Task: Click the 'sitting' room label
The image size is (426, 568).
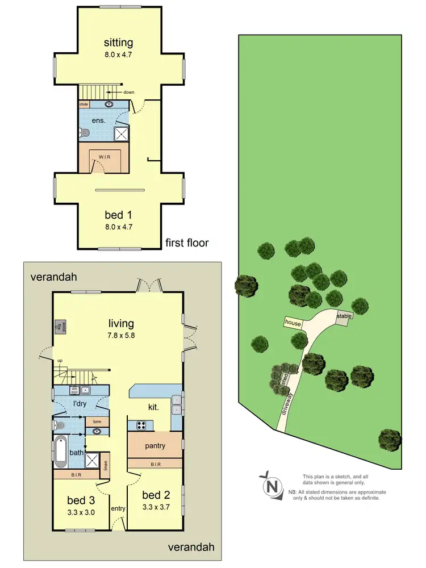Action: click(x=118, y=43)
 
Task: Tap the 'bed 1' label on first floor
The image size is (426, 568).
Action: click(x=118, y=215)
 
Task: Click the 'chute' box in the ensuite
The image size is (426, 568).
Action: click(x=83, y=105)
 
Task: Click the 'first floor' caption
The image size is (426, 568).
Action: click(x=187, y=243)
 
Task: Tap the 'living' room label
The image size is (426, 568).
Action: click(x=122, y=324)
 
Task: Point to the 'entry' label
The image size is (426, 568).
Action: click(x=118, y=508)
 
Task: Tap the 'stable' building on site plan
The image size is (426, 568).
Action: click(x=344, y=316)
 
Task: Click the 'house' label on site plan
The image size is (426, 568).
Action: click(x=293, y=323)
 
